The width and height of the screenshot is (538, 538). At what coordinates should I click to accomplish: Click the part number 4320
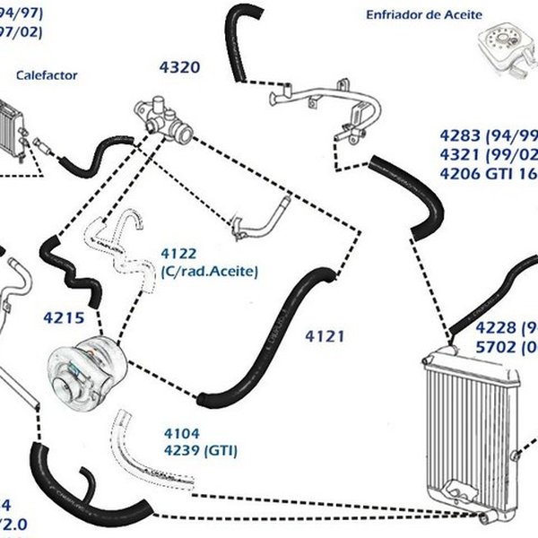[179, 67]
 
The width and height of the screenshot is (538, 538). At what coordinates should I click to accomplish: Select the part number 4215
[63, 317]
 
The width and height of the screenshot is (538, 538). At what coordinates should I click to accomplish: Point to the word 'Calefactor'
[47, 76]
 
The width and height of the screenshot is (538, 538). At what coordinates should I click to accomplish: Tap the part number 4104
[181, 432]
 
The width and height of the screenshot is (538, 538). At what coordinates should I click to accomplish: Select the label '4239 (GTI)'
[200, 449]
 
